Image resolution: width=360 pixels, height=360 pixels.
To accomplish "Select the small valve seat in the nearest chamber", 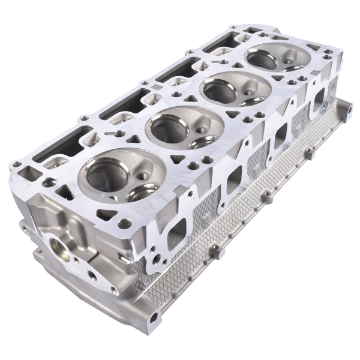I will click(143, 192).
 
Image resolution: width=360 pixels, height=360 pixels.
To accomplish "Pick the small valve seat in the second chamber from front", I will click(203, 141).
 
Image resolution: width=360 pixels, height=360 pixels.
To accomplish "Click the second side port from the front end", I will click(233, 179).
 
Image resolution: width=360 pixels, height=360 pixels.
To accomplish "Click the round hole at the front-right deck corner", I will click(124, 224).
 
